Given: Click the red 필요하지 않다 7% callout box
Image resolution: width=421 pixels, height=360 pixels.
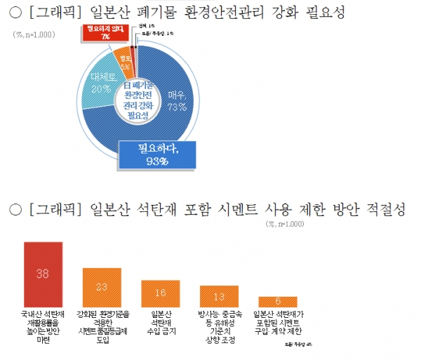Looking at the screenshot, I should [x=97, y=32].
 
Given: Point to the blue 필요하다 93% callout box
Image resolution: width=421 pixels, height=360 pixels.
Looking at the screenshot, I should [x=155, y=154].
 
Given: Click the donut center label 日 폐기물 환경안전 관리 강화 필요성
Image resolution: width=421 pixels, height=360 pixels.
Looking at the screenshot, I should [x=137, y=99].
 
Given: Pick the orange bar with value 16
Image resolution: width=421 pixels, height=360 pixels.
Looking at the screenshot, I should [x=161, y=293].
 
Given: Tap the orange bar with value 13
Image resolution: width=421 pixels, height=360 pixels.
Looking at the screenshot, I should [x=220, y=295].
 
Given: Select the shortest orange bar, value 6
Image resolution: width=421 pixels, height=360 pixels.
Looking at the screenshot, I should [x=278, y=302].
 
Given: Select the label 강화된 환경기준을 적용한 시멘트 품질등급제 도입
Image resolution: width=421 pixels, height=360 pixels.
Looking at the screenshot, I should [x=102, y=323].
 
